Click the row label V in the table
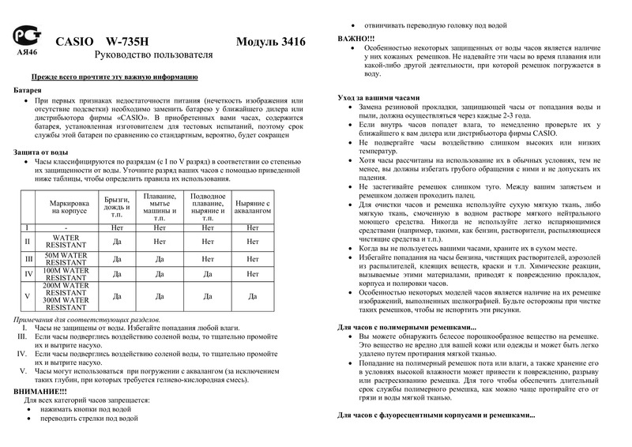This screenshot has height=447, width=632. pos(27,296)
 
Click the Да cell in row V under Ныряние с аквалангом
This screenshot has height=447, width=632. pos(253,296)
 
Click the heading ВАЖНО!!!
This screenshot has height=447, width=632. pos(356,38)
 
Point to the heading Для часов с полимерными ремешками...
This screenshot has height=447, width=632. pos(407,326)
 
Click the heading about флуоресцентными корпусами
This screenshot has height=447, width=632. pos(436,415)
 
